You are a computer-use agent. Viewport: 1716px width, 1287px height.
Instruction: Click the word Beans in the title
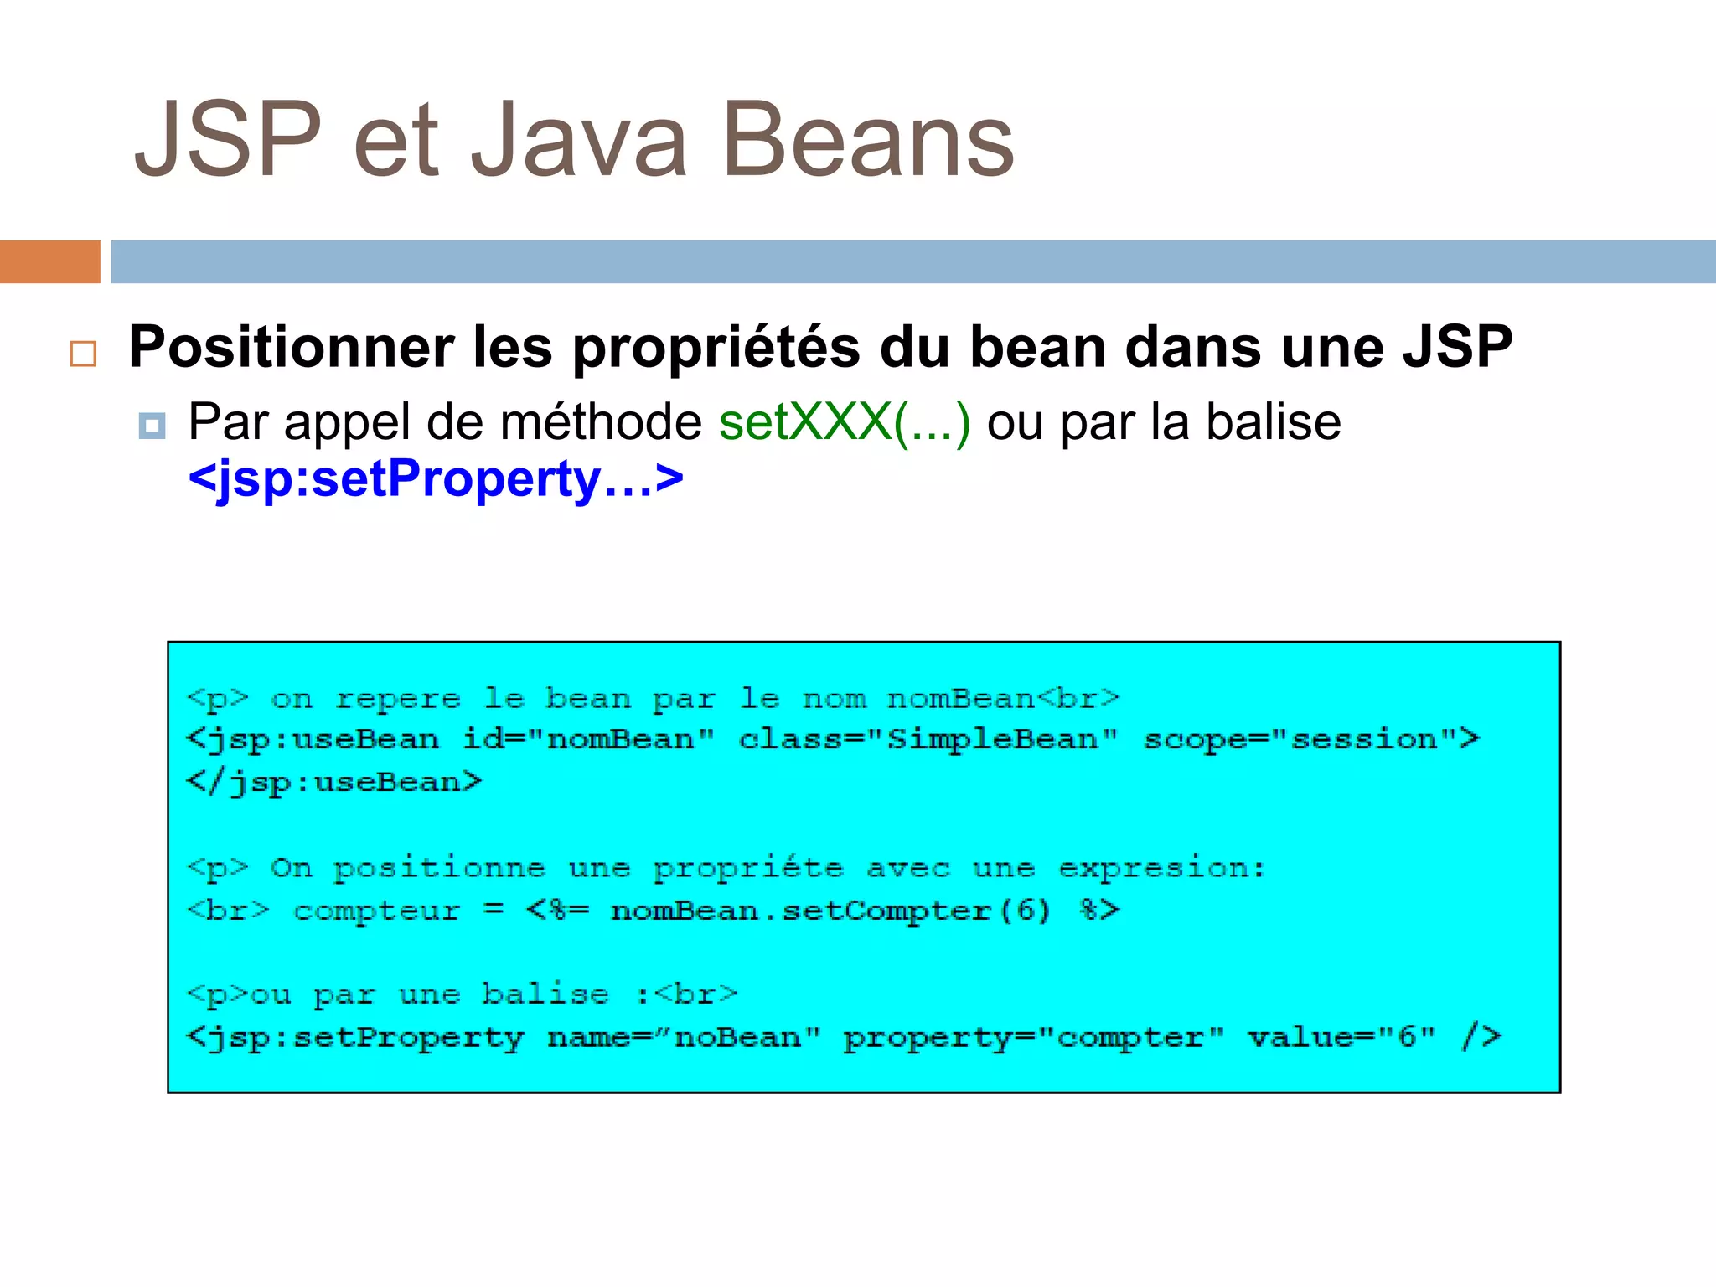[x=867, y=141]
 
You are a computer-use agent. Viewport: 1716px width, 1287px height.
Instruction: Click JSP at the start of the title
[x=228, y=141]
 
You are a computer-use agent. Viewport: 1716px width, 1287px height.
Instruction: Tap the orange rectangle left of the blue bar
[x=49, y=261]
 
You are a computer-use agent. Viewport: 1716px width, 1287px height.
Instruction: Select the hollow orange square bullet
[x=83, y=354]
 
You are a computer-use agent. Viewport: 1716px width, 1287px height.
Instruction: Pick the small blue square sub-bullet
[x=152, y=426]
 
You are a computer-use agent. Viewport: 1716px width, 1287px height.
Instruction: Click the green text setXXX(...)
[x=845, y=421]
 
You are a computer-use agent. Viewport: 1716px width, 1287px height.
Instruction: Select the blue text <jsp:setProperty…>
[x=436, y=480]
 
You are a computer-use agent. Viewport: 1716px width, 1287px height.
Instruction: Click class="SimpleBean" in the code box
[x=928, y=740]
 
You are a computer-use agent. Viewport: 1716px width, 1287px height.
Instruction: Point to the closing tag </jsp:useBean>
[x=334, y=783]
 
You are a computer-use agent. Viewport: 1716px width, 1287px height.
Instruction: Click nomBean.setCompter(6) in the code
[x=830, y=911]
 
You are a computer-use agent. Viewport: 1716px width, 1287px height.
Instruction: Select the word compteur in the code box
[x=377, y=911]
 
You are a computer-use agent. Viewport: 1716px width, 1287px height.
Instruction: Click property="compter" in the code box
[x=1033, y=1037]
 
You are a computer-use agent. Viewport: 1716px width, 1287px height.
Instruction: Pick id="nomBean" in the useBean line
[x=588, y=740]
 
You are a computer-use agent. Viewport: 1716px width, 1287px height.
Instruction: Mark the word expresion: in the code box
[x=1161, y=868]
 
